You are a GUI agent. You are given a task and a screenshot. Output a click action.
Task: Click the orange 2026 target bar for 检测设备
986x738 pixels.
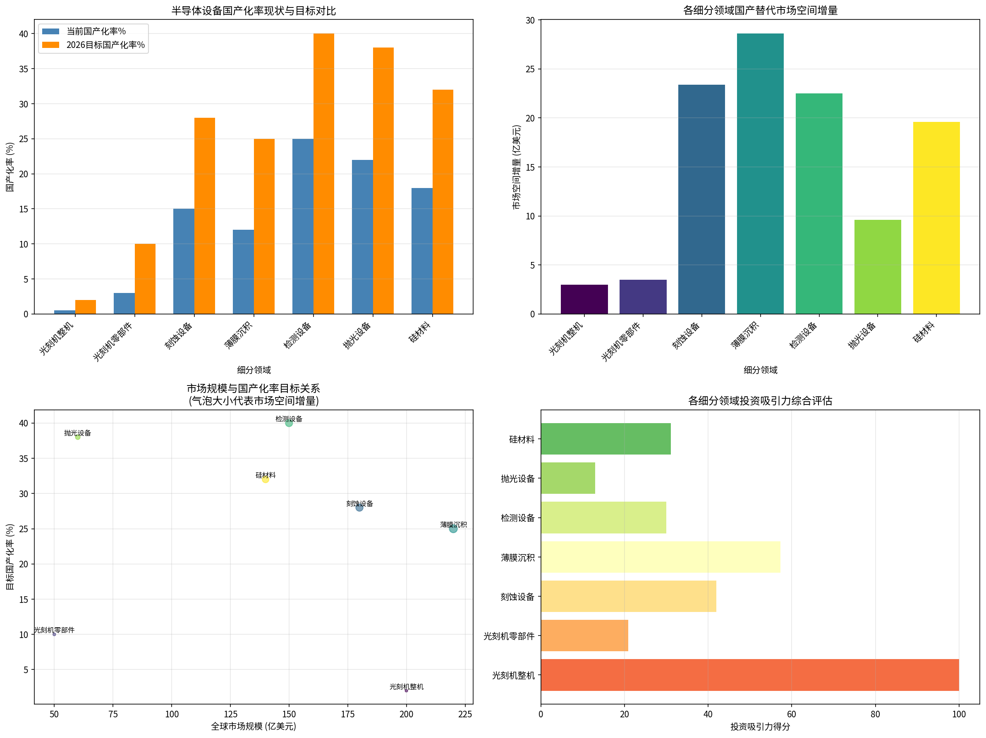(x=323, y=174)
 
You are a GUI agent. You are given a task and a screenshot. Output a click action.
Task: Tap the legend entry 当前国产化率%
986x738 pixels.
(x=96, y=31)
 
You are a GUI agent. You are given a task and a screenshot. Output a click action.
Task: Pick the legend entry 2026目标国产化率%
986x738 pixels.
(x=105, y=45)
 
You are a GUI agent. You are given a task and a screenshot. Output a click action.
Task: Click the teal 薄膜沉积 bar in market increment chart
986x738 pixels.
(x=760, y=174)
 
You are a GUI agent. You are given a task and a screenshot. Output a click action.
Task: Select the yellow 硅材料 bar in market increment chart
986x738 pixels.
(x=936, y=218)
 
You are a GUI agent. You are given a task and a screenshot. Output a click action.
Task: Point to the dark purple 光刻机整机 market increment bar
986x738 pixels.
(x=584, y=299)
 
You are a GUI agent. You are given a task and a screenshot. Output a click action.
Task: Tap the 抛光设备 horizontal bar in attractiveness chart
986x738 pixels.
(x=568, y=478)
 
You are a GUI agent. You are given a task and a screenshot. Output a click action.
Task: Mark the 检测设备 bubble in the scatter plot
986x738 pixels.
(x=289, y=423)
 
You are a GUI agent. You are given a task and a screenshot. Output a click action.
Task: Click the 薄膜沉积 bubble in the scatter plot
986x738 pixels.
(x=453, y=529)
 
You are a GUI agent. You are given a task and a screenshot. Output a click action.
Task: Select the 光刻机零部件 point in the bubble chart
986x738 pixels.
(x=54, y=634)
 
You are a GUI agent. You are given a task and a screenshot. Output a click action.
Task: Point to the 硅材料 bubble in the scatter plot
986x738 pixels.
(x=265, y=479)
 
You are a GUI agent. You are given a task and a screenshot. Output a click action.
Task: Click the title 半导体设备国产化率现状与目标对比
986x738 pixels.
(x=253, y=11)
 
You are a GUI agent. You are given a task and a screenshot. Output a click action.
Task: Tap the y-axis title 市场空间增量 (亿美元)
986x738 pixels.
(x=516, y=167)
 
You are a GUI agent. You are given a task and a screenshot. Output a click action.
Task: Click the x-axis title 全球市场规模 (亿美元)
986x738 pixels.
(x=253, y=726)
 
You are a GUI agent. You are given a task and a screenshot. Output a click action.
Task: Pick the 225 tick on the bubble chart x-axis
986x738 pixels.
(x=465, y=714)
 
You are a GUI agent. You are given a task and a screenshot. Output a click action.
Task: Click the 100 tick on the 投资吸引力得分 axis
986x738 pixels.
(x=958, y=714)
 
